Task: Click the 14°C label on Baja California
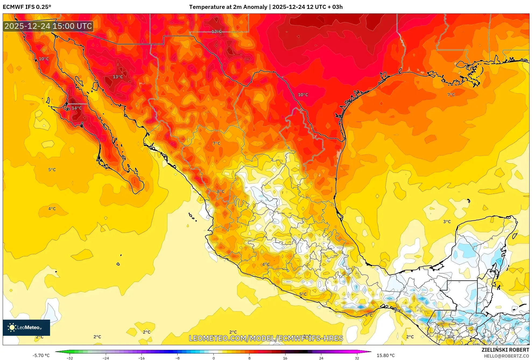76,108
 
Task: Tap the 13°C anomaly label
118,77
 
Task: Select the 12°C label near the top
216,32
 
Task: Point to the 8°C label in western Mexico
220,192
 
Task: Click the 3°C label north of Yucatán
447,222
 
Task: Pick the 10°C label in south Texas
303,95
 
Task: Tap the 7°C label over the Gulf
451,95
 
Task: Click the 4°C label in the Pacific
52,209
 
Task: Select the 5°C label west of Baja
52,170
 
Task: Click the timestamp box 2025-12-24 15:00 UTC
48,26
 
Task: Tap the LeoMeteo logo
26,327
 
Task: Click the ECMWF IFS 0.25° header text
27,7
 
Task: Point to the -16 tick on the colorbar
142,358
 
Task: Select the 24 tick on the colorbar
321,358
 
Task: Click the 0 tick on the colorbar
214,358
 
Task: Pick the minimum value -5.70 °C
41,355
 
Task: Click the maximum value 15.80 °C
385,355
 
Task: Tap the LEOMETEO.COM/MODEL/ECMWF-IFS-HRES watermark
266,338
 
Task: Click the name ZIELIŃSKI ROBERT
505,350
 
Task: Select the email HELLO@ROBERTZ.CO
506,356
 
